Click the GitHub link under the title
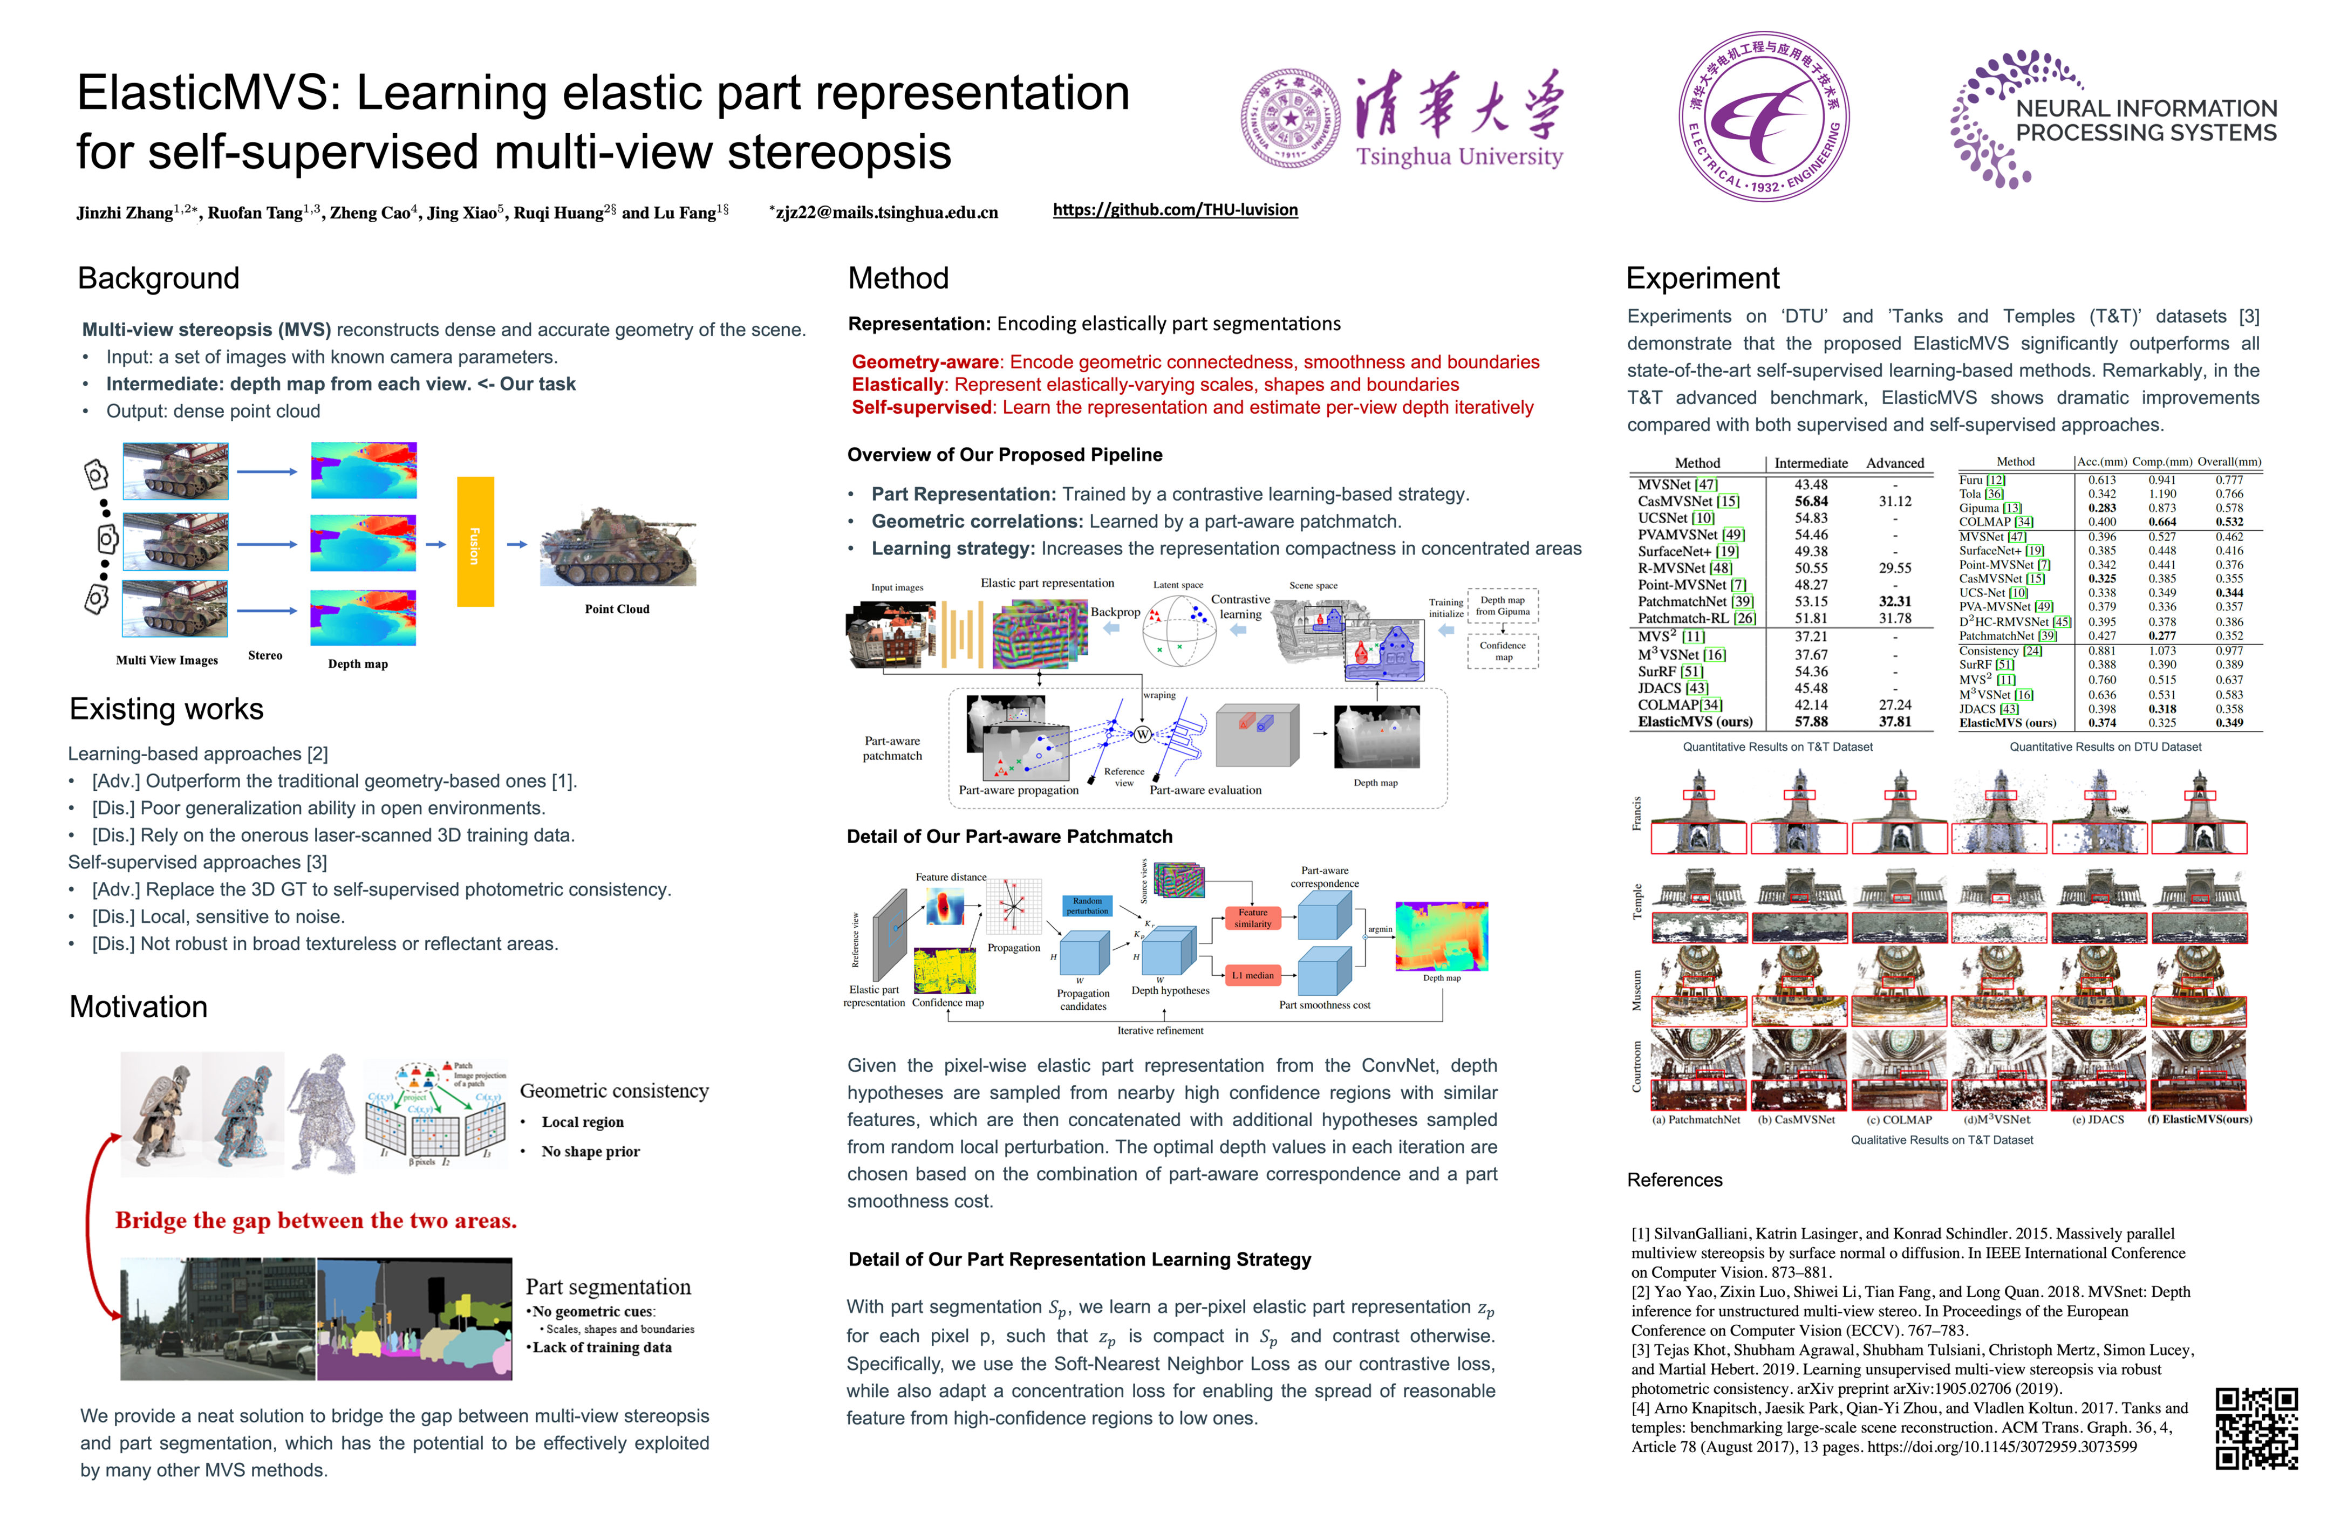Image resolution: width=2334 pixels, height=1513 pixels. pyautogui.click(x=1175, y=210)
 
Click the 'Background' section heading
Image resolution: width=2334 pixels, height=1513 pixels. pyautogui.click(x=159, y=278)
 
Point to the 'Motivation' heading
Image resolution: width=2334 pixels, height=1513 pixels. pyautogui.click(x=138, y=1007)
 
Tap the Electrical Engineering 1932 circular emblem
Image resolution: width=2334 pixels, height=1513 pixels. pyautogui.click(x=1764, y=116)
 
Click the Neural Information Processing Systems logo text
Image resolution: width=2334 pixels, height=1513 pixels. pyautogui.click(x=2146, y=121)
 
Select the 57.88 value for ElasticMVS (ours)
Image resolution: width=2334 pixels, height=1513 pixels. pyautogui.click(x=1811, y=722)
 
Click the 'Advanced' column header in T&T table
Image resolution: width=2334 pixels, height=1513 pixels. pyautogui.click(x=1895, y=463)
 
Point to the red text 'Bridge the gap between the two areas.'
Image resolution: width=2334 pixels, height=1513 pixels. pyautogui.click(x=316, y=1221)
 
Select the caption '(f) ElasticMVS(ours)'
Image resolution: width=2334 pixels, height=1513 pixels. pyautogui.click(x=2200, y=1119)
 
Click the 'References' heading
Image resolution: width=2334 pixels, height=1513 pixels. pyautogui.click(x=1674, y=1180)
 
